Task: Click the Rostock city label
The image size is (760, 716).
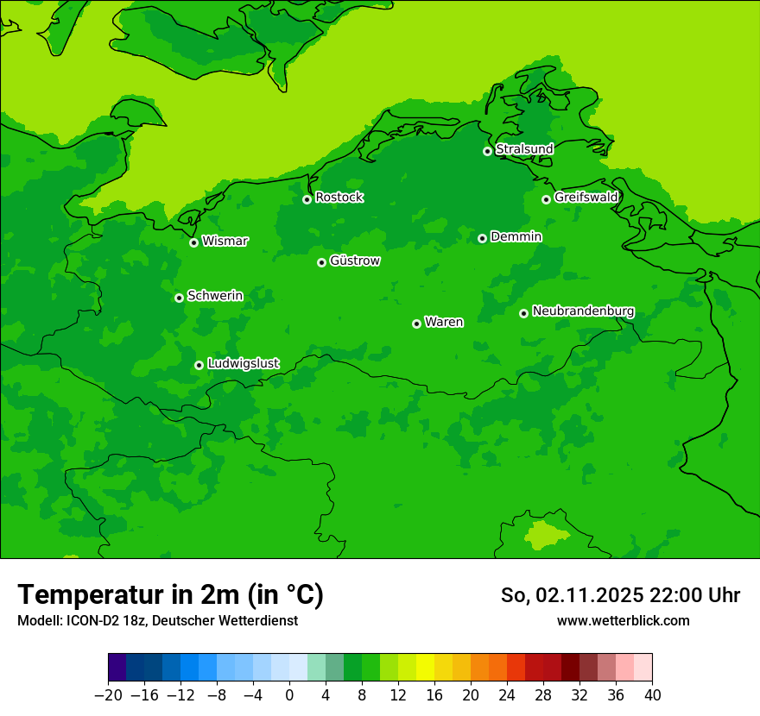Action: click(339, 198)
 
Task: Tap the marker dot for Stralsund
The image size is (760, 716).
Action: click(487, 151)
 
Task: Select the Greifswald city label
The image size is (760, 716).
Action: click(586, 198)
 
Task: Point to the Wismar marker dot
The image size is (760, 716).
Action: click(194, 242)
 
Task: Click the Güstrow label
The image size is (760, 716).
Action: click(354, 261)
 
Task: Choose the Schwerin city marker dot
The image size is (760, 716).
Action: click(179, 298)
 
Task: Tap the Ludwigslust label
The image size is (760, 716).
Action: click(243, 364)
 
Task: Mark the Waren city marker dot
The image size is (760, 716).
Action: click(416, 323)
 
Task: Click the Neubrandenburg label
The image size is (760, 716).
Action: click(583, 311)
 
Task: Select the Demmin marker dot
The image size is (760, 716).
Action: click(482, 238)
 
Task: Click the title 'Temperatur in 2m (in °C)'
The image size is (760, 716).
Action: click(170, 594)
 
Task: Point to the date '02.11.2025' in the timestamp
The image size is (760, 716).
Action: click(590, 595)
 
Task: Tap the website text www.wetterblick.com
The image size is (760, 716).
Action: click(623, 620)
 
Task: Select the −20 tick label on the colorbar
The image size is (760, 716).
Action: click(108, 695)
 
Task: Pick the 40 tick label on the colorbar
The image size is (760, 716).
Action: click(652, 695)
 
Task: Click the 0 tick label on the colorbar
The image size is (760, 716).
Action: click(289, 695)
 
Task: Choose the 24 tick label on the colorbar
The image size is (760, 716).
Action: click(507, 695)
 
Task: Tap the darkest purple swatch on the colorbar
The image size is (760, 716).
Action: click(117, 668)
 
